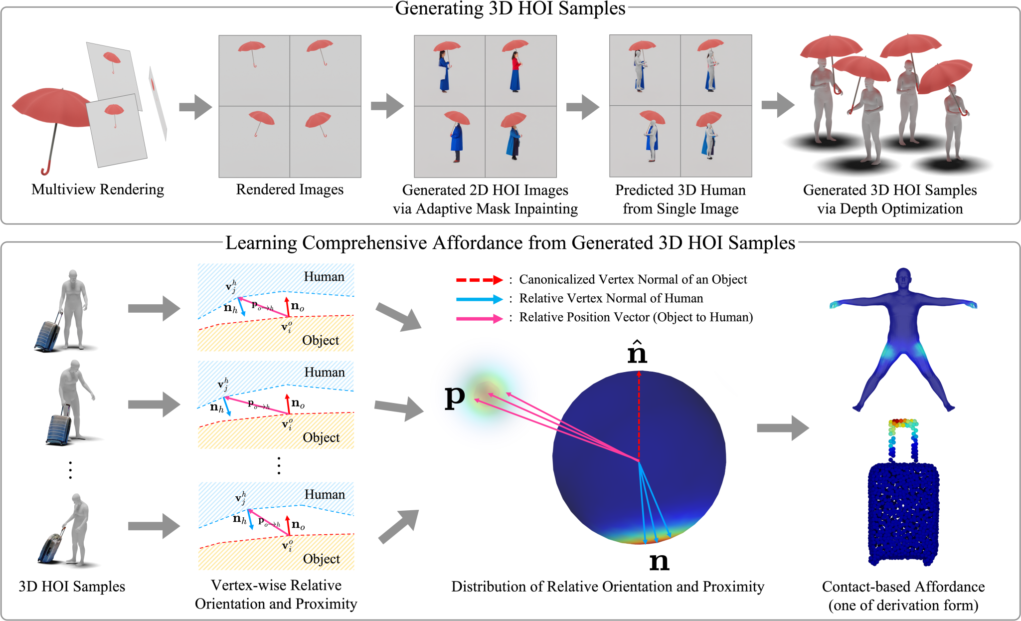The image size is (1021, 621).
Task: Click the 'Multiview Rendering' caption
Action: tap(98, 190)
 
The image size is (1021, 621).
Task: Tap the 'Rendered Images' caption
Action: tap(290, 190)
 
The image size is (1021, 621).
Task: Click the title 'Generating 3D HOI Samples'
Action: tap(510, 9)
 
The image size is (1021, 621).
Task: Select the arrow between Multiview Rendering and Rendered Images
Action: tap(195, 107)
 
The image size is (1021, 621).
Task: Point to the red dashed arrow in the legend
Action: tap(479, 280)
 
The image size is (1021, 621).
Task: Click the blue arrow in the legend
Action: tap(479, 299)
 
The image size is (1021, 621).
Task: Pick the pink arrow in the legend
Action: tap(479, 318)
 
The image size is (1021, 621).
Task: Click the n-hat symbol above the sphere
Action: tap(637, 352)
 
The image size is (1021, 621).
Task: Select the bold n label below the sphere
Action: tap(659, 561)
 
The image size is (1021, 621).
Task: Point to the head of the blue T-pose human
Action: tap(903, 277)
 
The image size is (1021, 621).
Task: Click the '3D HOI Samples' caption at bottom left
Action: tap(72, 587)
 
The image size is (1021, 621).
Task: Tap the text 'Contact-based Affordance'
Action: tap(903, 587)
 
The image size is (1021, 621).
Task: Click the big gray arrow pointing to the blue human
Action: tap(782, 427)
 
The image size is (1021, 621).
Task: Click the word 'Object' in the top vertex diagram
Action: tap(320, 340)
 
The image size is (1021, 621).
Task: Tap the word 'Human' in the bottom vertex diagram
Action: tap(325, 494)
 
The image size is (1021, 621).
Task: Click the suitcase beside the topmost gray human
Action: tap(48, 333)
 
